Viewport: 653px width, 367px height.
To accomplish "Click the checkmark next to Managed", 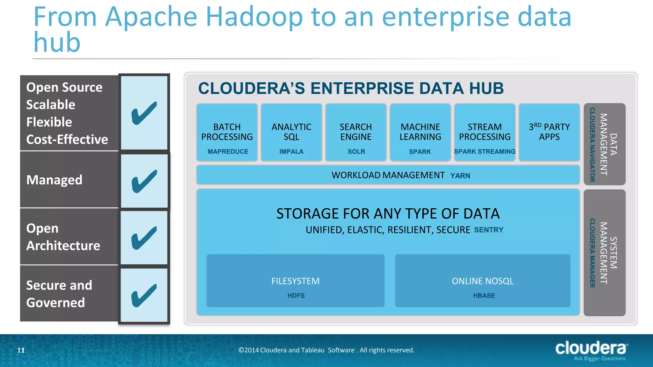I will pyautogui.click(x=144, y=181).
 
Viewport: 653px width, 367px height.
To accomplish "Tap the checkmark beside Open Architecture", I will pyautogui.click(x=144, y=238).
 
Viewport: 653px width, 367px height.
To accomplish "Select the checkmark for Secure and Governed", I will pyautogui.click(x=144, y=295).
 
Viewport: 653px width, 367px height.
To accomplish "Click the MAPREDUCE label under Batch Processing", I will pyautogui.click(x=228, y=152).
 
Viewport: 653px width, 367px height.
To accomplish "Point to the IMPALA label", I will pyautogui.click(x=291, y=152).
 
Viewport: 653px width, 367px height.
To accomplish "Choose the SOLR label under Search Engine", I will pyautogui.click(x=356, y=152).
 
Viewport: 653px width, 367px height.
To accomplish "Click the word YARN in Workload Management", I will pyautogui.click(x=460, y=176).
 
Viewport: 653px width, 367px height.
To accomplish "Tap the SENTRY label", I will pyautogui.click(x=488, y=230).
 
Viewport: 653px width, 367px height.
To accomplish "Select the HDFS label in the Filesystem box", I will pyautogui.click(x=296, y=296).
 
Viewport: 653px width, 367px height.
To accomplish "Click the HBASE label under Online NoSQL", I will pyautogui.click(x=484, y=296).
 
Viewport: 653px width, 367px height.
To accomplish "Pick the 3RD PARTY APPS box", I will pyautogui.click(x=549, y=132).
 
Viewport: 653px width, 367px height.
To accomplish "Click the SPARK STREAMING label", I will pyautogui.click(x=485, y=152).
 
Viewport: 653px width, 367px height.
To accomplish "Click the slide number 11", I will pyautogui.click(x=21, y=350).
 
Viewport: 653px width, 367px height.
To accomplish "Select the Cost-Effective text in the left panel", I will pyautogui.click(x=67, y=140).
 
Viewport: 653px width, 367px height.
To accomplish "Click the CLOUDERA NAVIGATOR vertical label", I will pyautogui.click(x=592, y=145).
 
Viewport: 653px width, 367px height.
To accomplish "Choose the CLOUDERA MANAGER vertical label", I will pyautogui.click(x=592, y=253).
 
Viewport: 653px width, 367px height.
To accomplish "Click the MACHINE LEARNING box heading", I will pyautogui.click(x=420, y=132).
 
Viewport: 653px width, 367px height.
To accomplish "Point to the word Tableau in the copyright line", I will pyautogui.click(x=312, y=350).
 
